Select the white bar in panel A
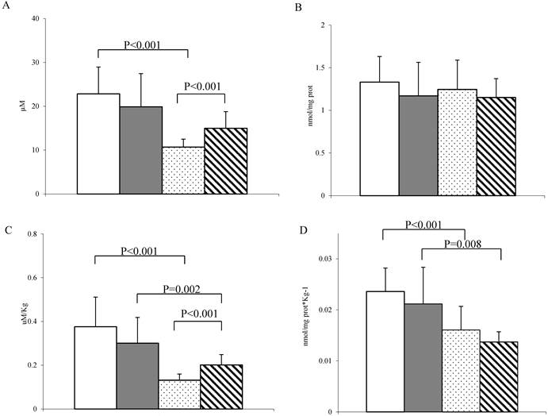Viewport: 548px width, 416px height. point(98,144)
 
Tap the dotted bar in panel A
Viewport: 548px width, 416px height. point(183,170)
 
